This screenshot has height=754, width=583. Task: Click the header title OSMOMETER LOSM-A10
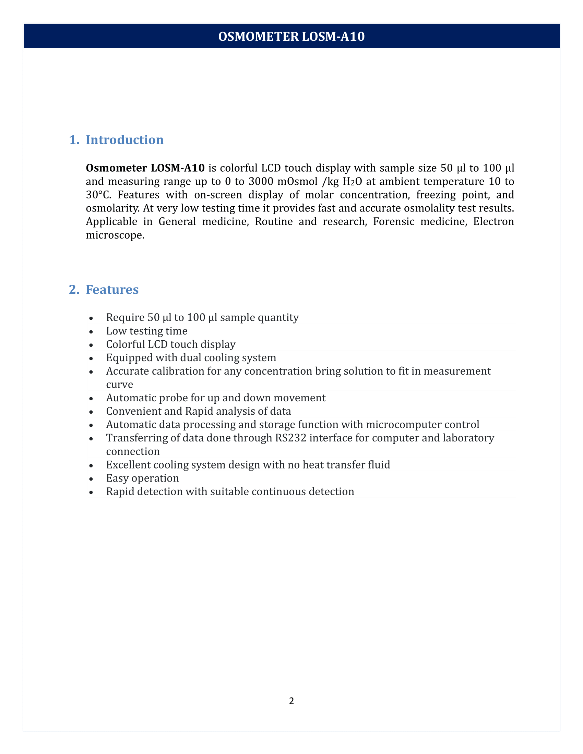click(291, 36)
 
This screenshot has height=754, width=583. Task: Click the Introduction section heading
click(124, 140)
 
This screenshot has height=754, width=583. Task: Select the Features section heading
click(112, 289)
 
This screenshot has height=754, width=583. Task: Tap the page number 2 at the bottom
click(291, 701)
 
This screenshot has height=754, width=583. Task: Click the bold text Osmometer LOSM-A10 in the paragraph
click(145, 168)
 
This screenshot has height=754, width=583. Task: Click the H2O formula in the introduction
click(352, 181)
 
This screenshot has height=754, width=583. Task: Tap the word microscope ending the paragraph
click(114, 235)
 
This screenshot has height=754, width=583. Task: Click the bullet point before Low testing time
click(91, 331)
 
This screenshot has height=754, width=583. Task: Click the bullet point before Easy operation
click(91, 479)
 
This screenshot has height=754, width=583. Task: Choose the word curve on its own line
click(119, 385)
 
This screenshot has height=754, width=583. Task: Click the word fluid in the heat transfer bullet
click(378, 465)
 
